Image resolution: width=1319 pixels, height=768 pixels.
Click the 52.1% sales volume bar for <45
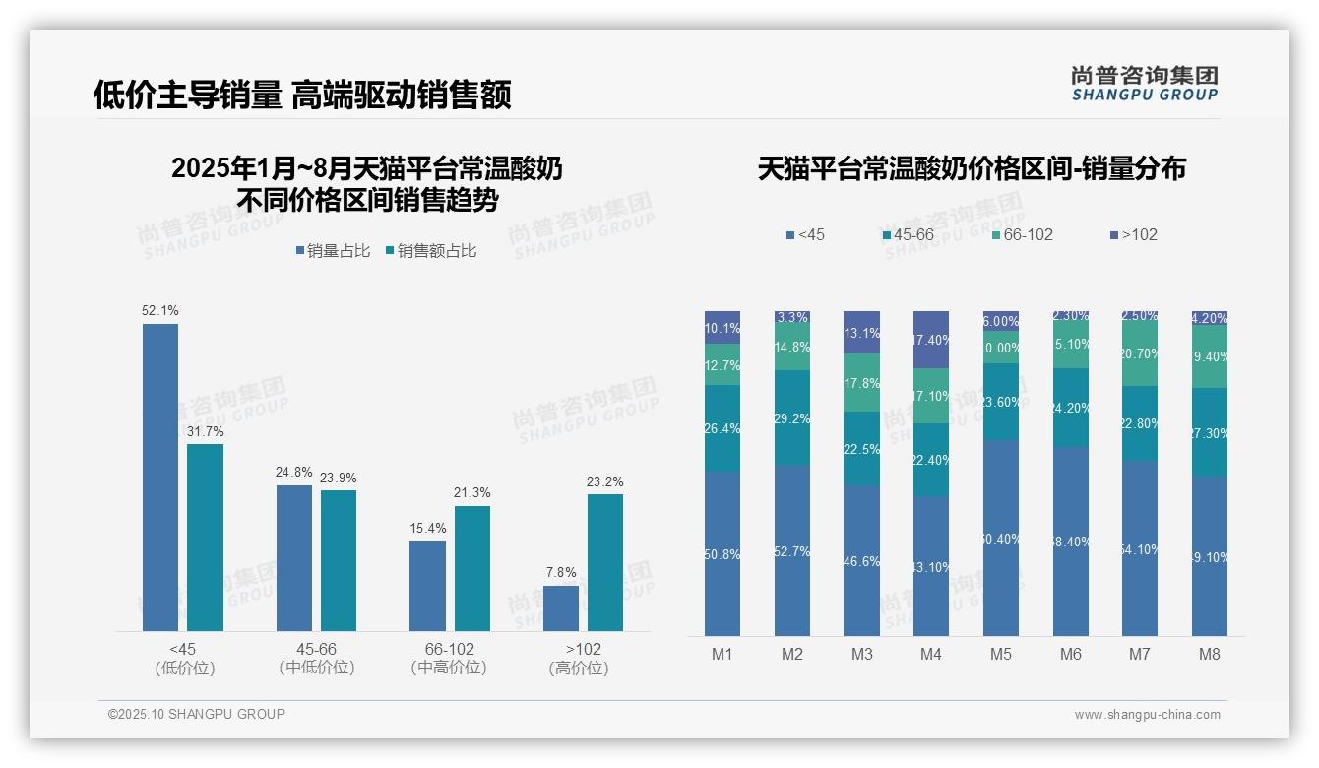pyautogui.click(x=160, y=478)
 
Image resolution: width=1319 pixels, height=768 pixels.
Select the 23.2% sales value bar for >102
pyautogui.click(x=605, y=562)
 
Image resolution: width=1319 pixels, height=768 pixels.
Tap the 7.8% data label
pyautogui.click(x=560, y=572)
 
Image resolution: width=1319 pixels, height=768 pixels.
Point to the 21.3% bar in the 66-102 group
pyautogui.click(x=471, y=568)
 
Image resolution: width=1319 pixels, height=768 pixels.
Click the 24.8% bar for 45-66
pyautogui.click(x=293, y=557)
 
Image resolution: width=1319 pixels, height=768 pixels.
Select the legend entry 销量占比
pyautogui.click(x=333, y=251)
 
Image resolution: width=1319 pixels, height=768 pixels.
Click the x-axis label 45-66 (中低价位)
pyautogui.click(x=316, y=659)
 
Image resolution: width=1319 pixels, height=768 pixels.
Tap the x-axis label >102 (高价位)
pyautogui.click(x=583, y=659)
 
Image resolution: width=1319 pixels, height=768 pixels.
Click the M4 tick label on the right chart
pyautogui.click(x=930, y=655)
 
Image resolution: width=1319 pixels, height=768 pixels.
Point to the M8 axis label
pyautogui.click(x=1209, y=655)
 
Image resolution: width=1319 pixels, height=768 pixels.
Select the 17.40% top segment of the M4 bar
pyautogui.click(x=931, y=340)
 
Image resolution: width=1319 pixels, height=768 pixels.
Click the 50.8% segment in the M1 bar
pyautogui.click(x=722, y=553)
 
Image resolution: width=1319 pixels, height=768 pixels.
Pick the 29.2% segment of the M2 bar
pyautogui.click(x=792, y=417)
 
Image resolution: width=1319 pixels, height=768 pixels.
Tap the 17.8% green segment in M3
pyautogui.click(x=861, y=383)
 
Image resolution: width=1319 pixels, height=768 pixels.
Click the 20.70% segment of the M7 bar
pyautogui.click(x=1140, y=353)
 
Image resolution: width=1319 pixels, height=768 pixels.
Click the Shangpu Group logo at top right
pyautogui.click(x=1144, y=83)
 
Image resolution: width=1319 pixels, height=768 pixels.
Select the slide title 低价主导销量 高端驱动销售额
pyautogui.click(x=302, y=95)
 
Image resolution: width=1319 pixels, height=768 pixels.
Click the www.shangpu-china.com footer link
pyautogui.click(x=1147, y=715)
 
